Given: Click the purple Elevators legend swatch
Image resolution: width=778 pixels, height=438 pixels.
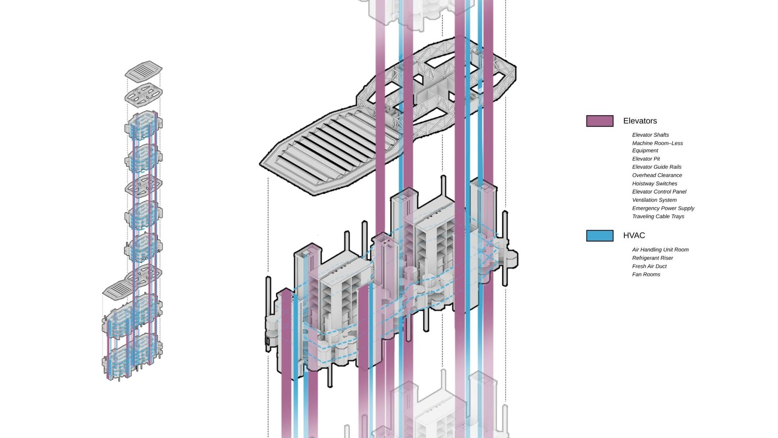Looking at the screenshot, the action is [600, 121].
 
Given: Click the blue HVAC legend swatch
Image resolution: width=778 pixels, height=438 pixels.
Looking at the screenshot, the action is [600, 236].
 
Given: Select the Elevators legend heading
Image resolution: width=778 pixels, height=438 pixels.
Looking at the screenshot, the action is [640, 121].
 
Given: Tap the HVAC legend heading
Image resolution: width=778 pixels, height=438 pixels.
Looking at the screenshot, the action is [634, 236].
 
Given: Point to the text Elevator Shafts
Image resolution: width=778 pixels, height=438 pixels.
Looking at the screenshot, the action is [650, 135].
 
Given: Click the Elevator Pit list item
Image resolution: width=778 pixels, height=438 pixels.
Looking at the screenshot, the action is [646, 159].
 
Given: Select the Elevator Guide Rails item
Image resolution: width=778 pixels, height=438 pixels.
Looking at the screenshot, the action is [656, 167].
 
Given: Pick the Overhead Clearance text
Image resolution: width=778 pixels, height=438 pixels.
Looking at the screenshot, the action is [657, 175].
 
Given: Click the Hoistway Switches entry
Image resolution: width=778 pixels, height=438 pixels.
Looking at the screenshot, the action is [654, 183].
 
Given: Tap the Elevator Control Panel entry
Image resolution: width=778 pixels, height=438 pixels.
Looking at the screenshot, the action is [659, 192].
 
